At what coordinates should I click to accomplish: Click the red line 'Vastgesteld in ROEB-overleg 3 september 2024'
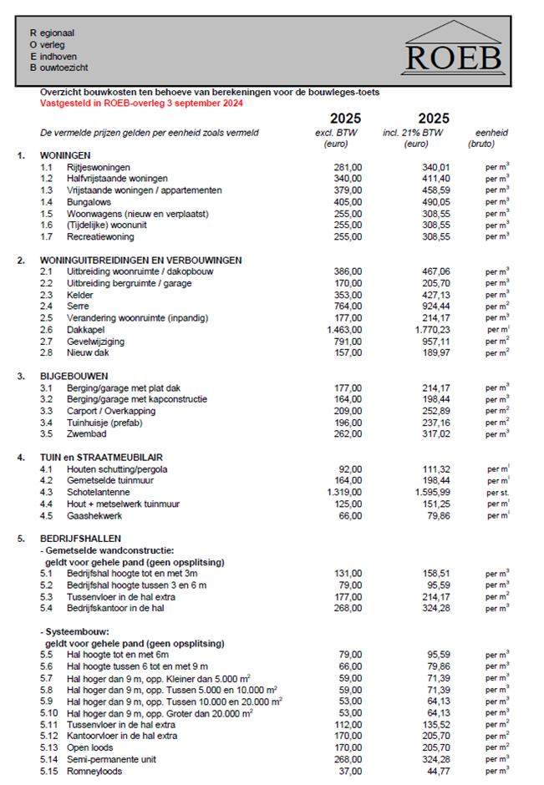(x=142, y=103)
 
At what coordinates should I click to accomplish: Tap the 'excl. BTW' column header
(x=336, y=133)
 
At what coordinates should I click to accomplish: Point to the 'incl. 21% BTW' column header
(x=425, y=133)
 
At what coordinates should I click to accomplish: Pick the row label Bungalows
(x=91, y=202)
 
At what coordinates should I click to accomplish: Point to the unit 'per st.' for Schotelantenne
(x=497, y=493)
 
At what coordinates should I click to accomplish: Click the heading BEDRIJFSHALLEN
(x=81, y=539)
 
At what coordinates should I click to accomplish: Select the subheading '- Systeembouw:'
(x=78, y=632)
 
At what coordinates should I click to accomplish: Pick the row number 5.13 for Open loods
(x=50, y=747)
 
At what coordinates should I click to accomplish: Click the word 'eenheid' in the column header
(x=492, y=133)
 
